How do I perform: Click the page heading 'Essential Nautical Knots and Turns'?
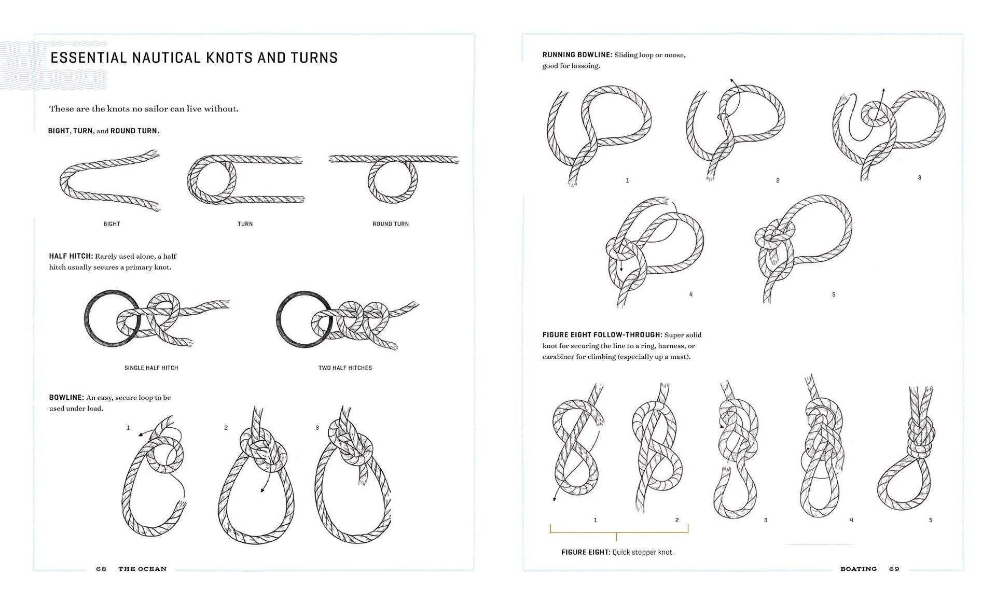tap(194, 58)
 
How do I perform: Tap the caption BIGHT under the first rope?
tap(112, 224)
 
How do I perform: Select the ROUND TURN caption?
tap(391, 224)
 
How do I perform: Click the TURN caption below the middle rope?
tap(245, 224)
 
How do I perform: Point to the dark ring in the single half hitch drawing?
tap(86, 319)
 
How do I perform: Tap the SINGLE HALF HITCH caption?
tap(151, 368)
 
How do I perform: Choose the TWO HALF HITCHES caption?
tap(345, 368)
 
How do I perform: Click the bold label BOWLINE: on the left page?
tap(66, 398)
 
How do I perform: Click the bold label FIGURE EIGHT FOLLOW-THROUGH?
tap(602, 335)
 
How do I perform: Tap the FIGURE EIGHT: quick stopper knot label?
tap(617, 552)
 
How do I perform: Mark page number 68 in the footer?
tap(101, 569)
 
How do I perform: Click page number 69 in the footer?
tap(894, 569)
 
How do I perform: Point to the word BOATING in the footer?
tap(859, 569)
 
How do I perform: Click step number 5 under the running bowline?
tap(834, 295)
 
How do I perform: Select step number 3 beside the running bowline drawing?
tap(919, 177)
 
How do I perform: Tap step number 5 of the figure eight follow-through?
tap(931, 520)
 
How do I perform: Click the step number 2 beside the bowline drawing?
tap(226, 428)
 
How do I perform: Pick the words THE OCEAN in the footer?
tap(143, 569)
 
